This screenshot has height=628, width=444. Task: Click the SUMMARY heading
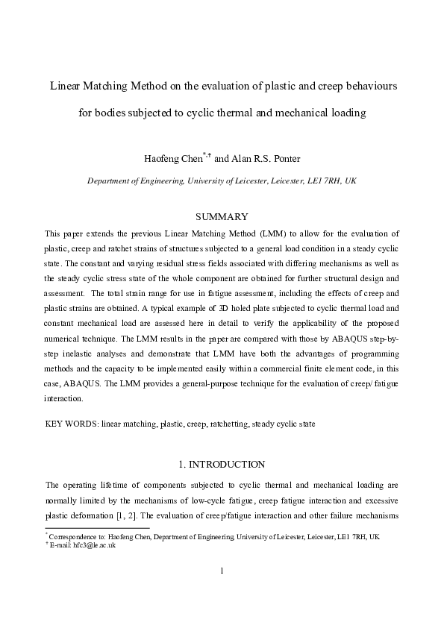point(221,216)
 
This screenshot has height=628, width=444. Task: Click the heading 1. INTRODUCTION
point(222,464)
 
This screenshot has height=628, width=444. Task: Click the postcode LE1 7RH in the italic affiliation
point(326,180)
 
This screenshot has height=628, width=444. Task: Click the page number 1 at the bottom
point(222,571)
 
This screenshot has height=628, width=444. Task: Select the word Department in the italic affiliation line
point(113,180)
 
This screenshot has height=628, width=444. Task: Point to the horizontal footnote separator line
point(97,528)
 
